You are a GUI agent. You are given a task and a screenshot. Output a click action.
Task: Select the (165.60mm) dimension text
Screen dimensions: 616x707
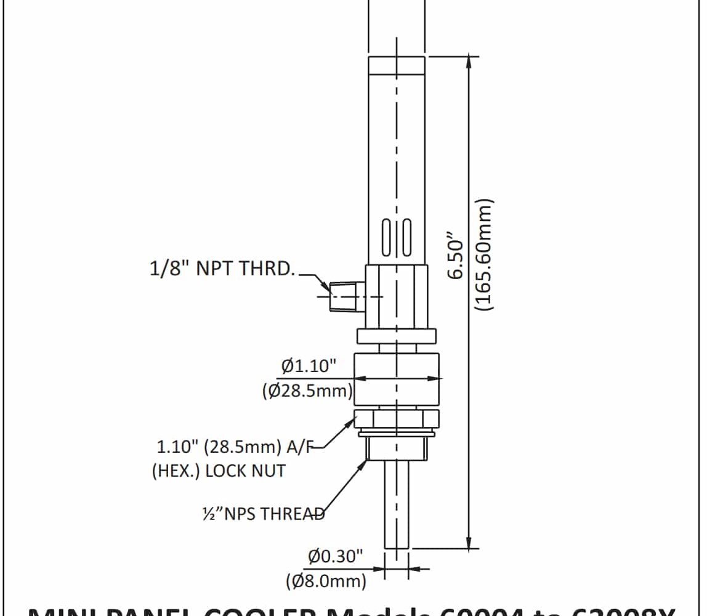(x=485, y=254)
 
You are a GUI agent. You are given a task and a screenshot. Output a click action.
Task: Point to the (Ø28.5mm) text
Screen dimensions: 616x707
(x=307, y=391)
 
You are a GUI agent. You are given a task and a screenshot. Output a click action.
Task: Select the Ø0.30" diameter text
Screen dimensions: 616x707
(x=336, y=557)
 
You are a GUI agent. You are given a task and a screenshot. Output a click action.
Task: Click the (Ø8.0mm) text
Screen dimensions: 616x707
(x=326, y=580)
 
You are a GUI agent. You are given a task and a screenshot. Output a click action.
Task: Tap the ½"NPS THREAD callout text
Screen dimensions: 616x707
(x=263, y=514)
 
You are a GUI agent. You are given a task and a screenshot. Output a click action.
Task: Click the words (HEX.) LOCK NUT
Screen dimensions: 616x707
(x=219, y=471)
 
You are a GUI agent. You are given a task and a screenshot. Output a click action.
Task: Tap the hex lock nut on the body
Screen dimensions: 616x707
(x=397, y=419)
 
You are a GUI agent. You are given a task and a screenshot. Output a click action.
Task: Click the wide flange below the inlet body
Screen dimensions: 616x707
(x=397, y=336)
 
